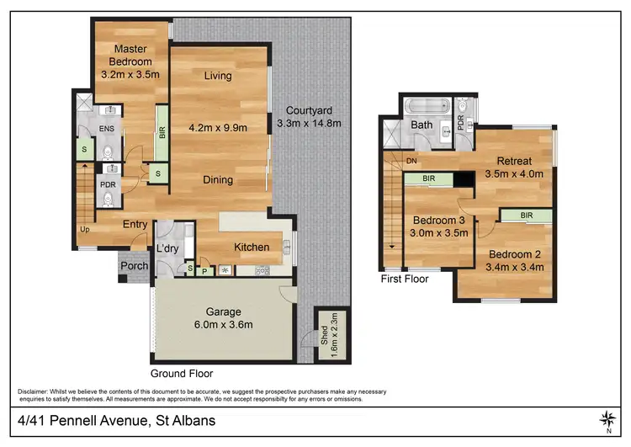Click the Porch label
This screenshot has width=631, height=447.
point(135,266)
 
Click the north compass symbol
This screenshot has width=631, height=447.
point(607,418)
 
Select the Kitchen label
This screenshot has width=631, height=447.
point(252,247)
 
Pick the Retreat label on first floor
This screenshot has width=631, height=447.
point(514,162)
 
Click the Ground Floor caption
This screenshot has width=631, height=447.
point(181,373)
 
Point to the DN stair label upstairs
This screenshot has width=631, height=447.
point(411,160)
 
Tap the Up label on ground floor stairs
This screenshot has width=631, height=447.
point(85,229)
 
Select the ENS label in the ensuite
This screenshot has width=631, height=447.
point(107,128)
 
